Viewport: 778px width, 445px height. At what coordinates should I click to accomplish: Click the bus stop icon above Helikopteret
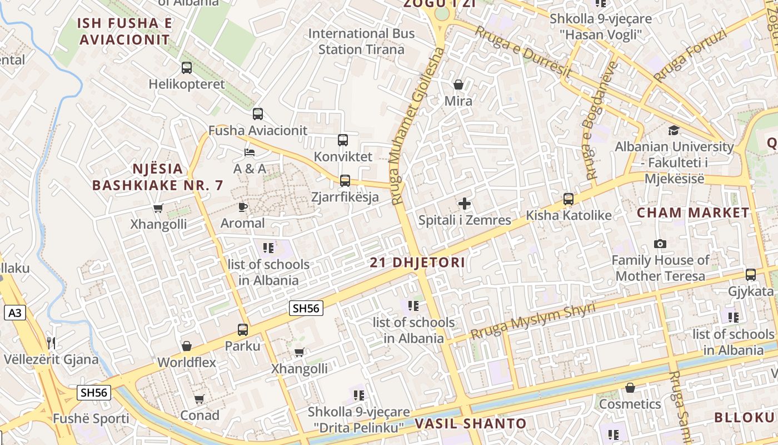tap(187, 68)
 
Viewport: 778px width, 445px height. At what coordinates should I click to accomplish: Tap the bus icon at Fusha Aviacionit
tap(257, 114)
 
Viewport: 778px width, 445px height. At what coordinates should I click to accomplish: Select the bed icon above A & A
tap(250, 152)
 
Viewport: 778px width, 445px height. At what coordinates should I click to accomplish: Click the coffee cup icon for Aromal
tap(243, 207)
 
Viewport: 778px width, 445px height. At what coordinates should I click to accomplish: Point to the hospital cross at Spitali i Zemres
tap(465, 204)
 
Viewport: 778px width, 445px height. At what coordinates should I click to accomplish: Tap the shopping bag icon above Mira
tap(458, 85)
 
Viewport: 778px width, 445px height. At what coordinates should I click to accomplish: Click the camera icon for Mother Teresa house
tap(660, 244)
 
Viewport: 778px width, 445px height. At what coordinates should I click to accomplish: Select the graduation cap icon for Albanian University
tap(674, 131)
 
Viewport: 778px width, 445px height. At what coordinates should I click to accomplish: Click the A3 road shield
tap(15, 313)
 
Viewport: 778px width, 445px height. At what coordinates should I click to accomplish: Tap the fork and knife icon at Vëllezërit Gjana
tap(51, 342)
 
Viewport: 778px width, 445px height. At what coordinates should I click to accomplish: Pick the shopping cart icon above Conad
tap(200, 399)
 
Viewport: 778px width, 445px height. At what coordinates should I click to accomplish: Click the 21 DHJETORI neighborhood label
tap(417, 263)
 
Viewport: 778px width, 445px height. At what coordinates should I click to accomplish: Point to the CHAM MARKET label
tap(693, 212)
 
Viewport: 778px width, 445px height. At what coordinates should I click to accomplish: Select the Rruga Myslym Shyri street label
tap(533, 321)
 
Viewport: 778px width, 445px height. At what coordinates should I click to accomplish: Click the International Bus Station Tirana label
tap(361, 41)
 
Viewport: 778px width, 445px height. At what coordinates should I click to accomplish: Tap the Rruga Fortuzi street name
tap(690, 55)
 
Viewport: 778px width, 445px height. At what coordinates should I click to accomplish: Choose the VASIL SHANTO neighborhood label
tap(470, 424)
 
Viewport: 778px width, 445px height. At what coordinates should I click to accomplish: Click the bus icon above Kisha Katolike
tap(568, 199)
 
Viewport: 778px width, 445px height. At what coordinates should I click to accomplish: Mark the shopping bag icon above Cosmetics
tap(630, 387)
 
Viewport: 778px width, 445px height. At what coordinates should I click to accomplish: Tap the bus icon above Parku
tap(243, 329)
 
